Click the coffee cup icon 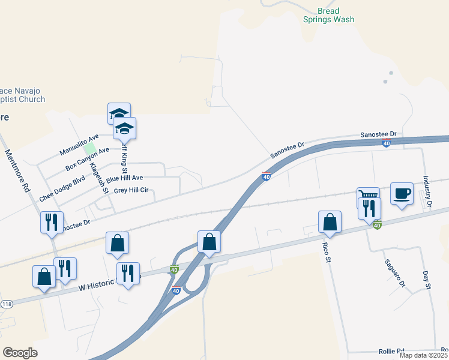point(402,194)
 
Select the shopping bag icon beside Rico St point(330,222)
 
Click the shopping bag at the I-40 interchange point(209,242)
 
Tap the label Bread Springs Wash point(327,15)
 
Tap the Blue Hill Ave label point(125,178)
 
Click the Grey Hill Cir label point(131,191)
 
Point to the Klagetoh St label point(98,178)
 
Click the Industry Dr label point(427,191)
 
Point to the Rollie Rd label point(391,351)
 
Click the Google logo point(20,353)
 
